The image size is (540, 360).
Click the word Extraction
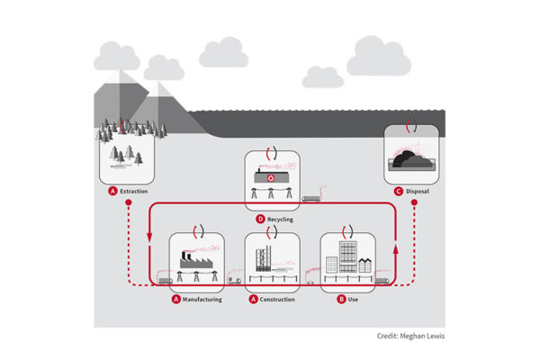coord(134,192)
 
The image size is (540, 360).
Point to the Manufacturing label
coord(202,299)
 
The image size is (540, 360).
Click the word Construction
coord(277,299)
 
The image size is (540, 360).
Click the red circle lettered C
coord(398,192)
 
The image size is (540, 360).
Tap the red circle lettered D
coord(260,219)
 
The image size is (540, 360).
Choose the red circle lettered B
coord(341,299)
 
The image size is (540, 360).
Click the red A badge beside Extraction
coord(112,192)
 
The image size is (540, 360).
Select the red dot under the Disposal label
coord(413,203)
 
